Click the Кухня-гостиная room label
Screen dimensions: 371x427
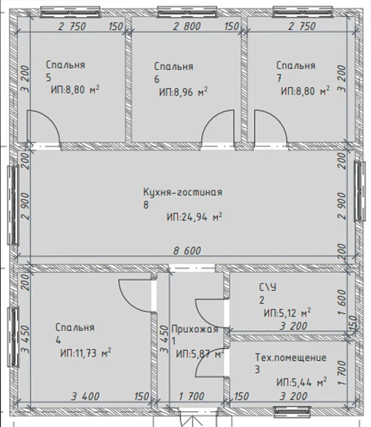coord(183,192)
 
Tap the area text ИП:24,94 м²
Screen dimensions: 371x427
coord(194,217)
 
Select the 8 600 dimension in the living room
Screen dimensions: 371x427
coord(187,251)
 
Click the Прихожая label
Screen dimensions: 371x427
coord(195,329)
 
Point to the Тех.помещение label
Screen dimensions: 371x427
coord(291,357)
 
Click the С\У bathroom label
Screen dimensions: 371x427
coord(267,287)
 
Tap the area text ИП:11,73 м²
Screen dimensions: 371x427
coord(85,353)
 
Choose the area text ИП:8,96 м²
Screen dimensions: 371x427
coord(183,92)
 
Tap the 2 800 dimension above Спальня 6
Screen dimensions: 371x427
coord(187,26)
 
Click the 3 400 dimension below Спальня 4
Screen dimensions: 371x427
coord(85,397)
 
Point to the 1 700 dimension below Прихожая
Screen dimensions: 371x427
coord(192,397)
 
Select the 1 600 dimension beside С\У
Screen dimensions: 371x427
coord(342,302)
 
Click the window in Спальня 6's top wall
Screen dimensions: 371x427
coord(188,12)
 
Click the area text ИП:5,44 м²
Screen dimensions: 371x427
coord(301,382)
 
